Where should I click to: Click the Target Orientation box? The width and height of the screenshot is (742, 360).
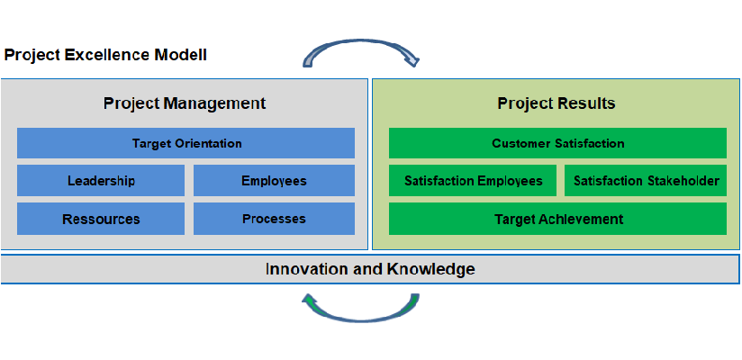(186, 143)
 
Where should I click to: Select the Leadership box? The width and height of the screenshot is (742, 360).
(101, 180)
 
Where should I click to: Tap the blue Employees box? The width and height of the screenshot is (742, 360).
(274, 180)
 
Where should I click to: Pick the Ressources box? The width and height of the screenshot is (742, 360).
(101, 219)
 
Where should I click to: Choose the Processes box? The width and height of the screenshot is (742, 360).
(274, 219)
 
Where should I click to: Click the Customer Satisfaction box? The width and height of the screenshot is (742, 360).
(557, 143)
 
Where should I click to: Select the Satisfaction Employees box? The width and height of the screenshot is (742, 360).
(473, 180)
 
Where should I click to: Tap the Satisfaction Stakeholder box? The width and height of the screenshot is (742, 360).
(646, 180)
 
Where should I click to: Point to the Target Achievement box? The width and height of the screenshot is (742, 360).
(557, 219)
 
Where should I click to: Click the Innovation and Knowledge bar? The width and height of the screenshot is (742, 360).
(370, 269)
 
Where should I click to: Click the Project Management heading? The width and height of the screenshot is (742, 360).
(185, 103)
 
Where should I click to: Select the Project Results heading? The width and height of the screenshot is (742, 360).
(556, 103)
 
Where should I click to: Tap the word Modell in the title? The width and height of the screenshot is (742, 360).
(181, 55)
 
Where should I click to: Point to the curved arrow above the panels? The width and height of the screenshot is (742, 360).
(360, 42)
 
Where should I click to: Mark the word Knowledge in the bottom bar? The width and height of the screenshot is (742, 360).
(430, 269)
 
